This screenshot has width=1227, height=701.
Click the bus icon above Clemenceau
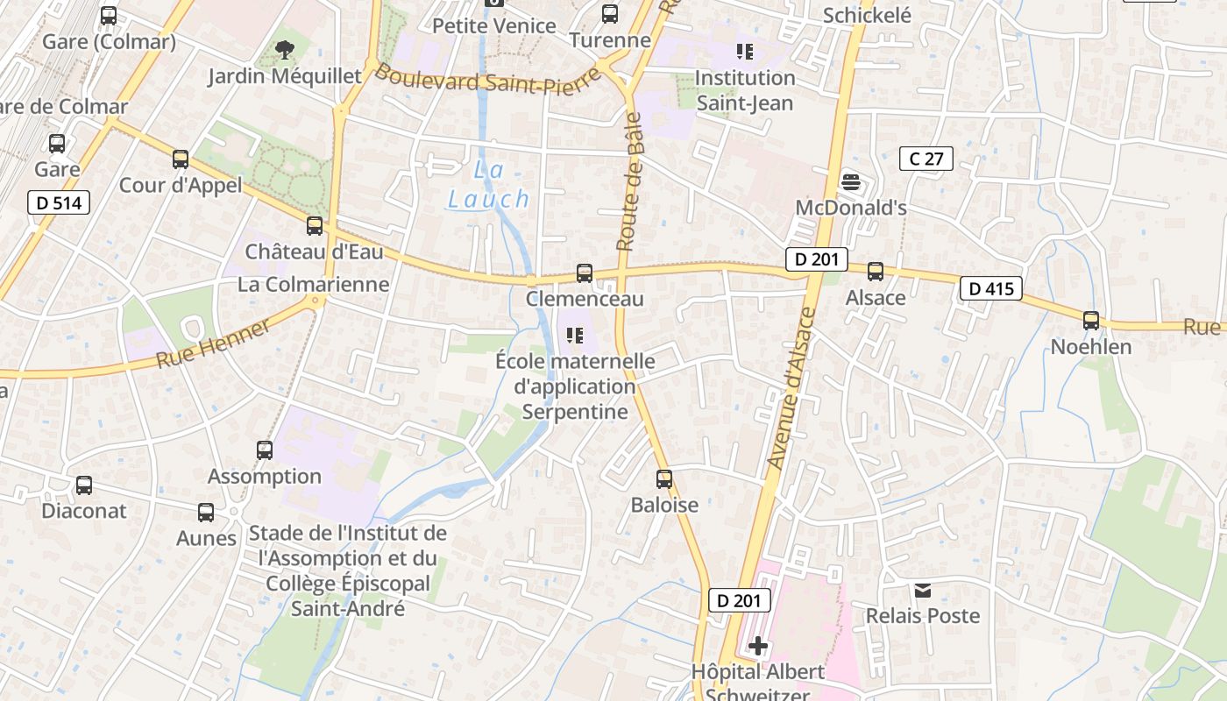click(585, 273)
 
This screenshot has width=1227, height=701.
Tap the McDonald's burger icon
click(850, 182)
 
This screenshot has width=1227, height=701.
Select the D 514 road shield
click(59, 203)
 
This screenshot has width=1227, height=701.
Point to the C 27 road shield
click(926, 159)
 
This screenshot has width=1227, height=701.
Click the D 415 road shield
click(990, 288)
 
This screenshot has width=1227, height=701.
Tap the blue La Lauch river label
click(489, 185)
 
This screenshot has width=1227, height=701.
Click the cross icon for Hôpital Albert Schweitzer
click(758, 647)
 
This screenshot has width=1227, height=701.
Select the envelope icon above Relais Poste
click(923, 591)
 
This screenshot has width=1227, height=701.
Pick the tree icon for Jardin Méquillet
click(284, 51)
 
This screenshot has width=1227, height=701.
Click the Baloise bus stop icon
click(664, 479)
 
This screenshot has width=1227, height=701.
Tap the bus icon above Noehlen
click(1091, 321)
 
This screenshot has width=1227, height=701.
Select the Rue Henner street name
click(215, 344)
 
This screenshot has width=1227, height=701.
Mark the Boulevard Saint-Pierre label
click(488, 79)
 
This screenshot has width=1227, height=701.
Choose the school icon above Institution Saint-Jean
click(745, 52)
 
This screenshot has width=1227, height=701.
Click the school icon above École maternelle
click(575, 335)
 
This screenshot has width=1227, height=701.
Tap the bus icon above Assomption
click(265, 450)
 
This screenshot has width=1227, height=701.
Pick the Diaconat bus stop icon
click(84, 485)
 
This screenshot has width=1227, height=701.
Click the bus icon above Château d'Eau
click(315, 226)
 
